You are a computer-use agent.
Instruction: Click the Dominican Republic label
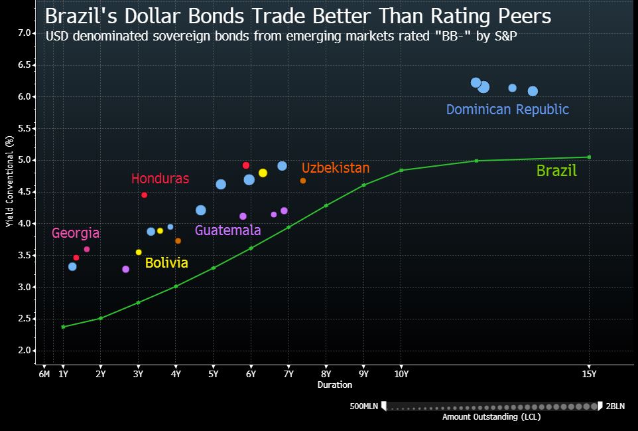[x=507, y=110]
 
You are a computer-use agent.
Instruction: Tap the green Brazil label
[x=556, y=171]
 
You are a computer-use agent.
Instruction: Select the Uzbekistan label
[x=335, y=168]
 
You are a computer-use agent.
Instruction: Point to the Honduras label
[x=160, y=179]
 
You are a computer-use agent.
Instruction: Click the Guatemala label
[x=227, y=230]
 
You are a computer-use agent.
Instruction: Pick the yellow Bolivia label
[x=166, y=263]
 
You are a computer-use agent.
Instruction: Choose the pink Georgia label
[x=76, y=233]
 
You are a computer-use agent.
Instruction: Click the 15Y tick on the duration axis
[x=589, y=374]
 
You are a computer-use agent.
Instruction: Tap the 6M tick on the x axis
[x=44, y=374]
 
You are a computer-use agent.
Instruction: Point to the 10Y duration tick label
[x=401, y=374]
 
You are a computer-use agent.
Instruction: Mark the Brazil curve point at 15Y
[x=589, y=157]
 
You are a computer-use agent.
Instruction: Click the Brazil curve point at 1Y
[x=63, y=327]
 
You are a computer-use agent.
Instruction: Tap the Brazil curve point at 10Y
[x=401, y=171]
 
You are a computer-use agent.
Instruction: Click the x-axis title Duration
[x=335, y=385]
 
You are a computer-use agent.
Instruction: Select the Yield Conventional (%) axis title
[x=9, y=182]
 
